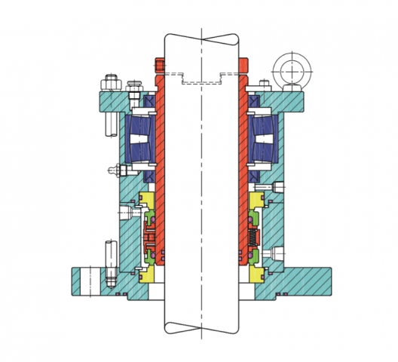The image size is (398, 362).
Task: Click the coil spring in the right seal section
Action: (255, 239)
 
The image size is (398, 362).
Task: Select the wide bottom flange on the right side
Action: (302, 280)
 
